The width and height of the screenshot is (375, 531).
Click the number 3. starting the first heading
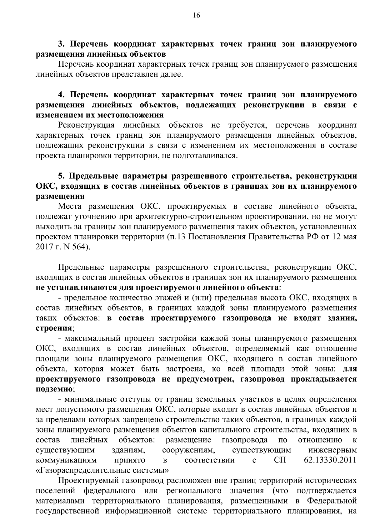click(x=61, y=44)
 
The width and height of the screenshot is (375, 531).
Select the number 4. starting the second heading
click(x=61, y=95)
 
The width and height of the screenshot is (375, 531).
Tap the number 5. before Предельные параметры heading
click(x=61, y=176)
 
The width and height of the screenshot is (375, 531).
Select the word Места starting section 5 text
click(x=69, y=207)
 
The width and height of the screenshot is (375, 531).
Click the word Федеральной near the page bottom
click(x=332, y=501)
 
